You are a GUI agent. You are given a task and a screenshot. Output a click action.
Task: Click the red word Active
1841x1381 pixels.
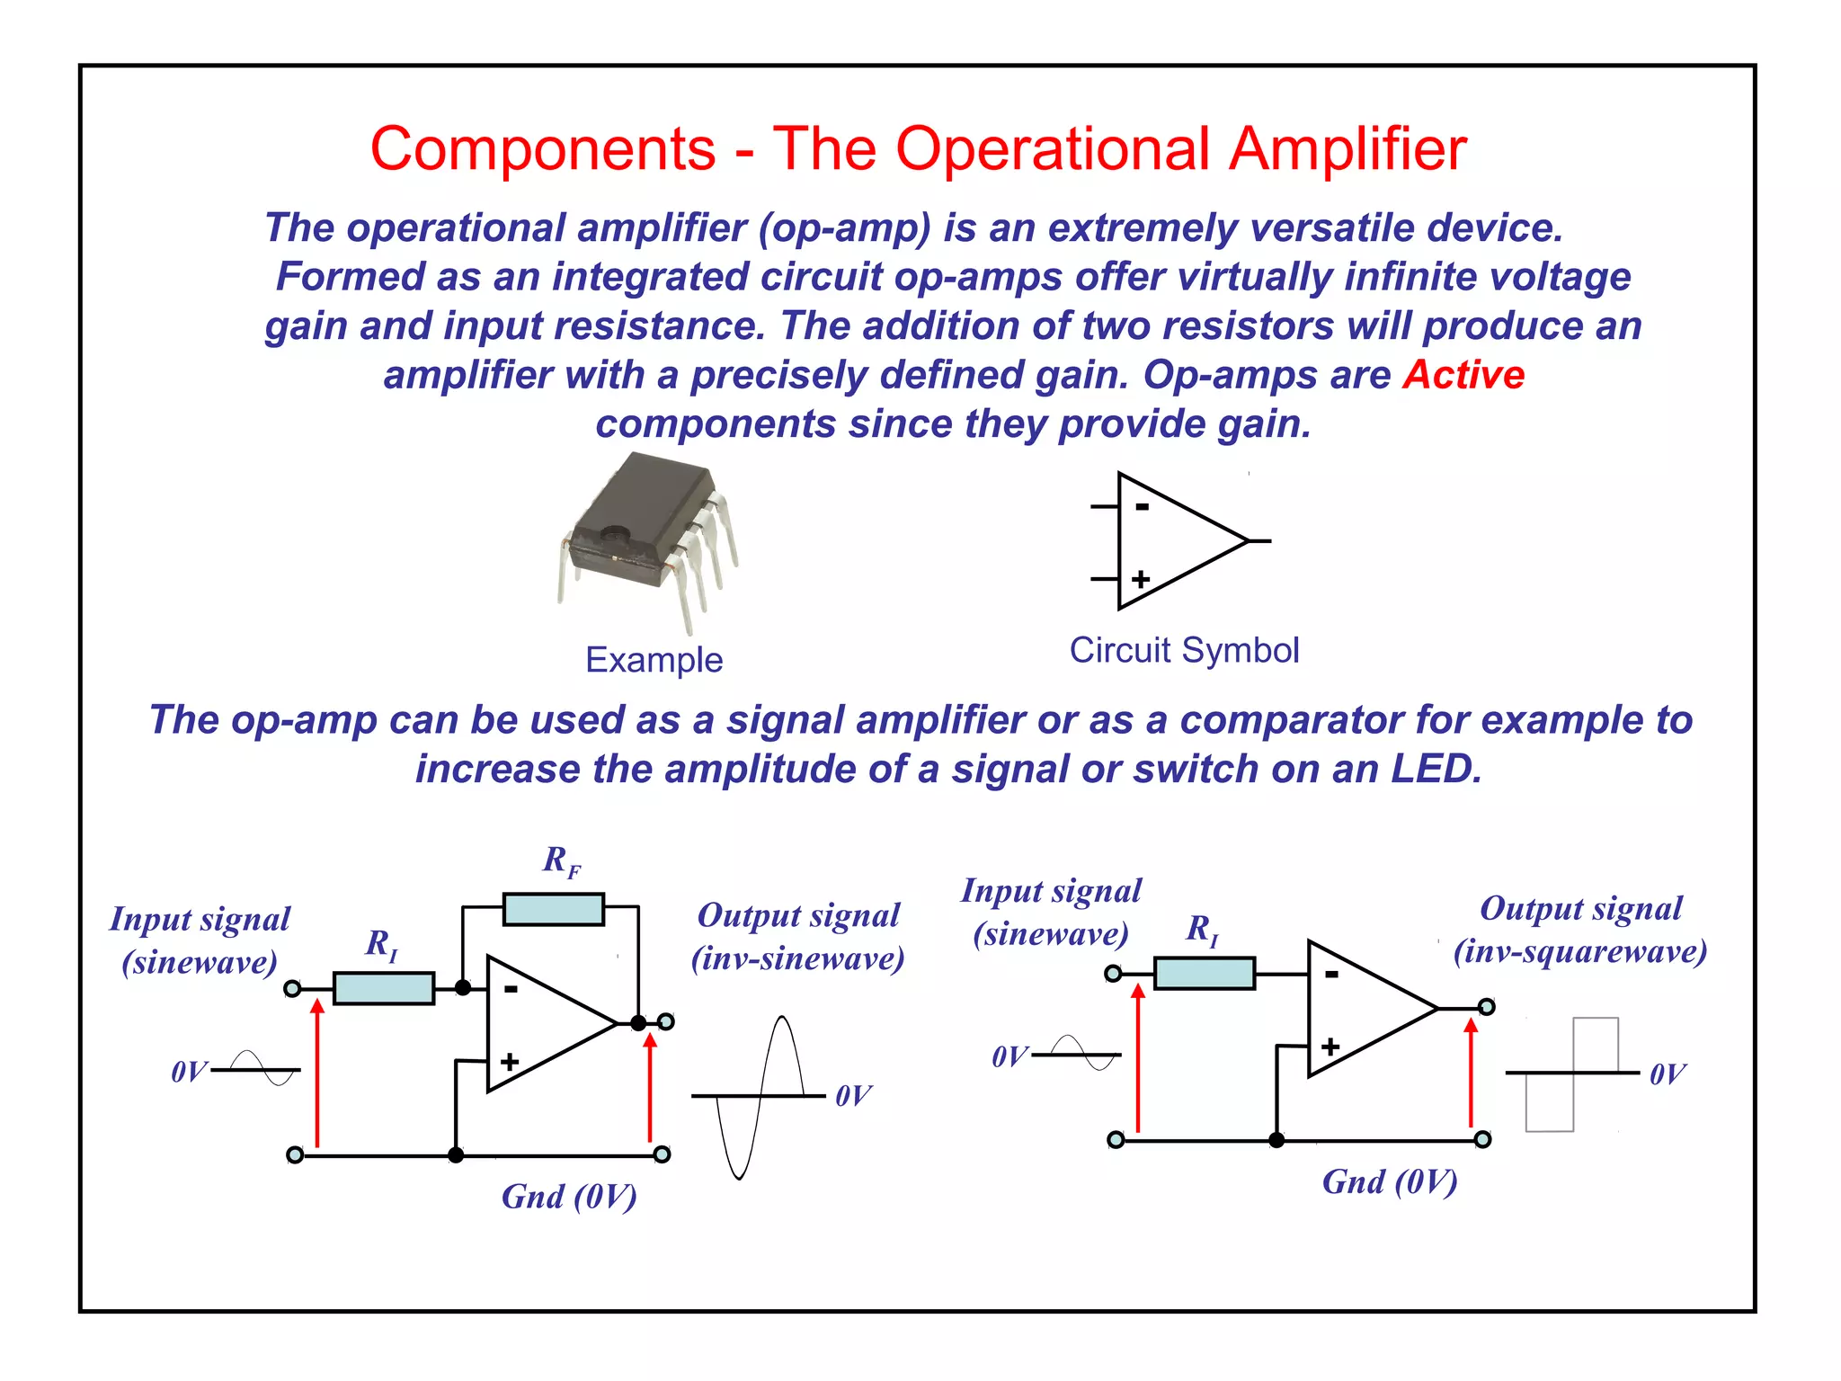(1463, 375)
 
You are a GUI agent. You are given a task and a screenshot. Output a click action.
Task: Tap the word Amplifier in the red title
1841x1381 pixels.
(1347, 148)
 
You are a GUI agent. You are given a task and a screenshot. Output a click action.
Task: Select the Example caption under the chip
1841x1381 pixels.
(654, 660)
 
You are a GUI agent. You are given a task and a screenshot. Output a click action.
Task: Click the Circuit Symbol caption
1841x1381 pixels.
(1184, 650)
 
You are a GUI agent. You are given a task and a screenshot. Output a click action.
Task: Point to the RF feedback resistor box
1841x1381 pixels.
(553, 909)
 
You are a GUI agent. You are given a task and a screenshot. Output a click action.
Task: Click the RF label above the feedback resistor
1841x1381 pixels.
(561, 861)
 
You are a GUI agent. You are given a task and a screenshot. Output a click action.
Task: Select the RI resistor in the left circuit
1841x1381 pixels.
(384, 988)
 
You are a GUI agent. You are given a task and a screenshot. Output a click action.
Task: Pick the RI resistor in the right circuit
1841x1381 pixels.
(1204, 973)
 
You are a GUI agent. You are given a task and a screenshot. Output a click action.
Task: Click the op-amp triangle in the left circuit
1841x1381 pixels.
(539, 1024)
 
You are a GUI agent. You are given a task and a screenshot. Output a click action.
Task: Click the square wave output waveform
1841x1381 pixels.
(1572, 1074)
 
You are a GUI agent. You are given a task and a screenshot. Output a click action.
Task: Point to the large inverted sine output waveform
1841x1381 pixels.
(760, 1097)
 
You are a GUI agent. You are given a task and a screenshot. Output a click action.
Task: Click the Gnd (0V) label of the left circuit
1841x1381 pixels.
(569, 1197)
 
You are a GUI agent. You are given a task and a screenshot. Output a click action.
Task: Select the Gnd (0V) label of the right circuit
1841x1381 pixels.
(1389, 1181)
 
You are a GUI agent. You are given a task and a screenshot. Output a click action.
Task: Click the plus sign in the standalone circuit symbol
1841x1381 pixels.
(1141, 579)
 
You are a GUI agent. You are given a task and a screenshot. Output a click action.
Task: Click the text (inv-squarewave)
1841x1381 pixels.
(1579, 951)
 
